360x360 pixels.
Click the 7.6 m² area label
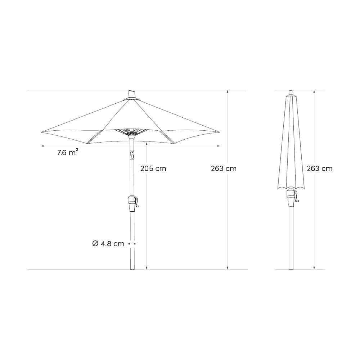[x=67, y=153]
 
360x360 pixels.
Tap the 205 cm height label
[x=153, y=168]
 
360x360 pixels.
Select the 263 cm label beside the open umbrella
[x=224, y=168]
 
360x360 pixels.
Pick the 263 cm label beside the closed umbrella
[x=320, y=168]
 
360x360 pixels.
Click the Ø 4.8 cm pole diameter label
[x=108, y=244]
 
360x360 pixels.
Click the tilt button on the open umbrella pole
[x=132, y=156]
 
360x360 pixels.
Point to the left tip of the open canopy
[x=41, y=132]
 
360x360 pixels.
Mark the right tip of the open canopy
[x=218, y=132]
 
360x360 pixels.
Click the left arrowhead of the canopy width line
[x=42, y=146]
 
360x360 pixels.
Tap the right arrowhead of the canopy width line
[x=219, y=146]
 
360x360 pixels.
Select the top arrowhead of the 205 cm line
[x=147, y=144]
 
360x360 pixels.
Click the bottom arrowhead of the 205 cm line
[x=147, y=267]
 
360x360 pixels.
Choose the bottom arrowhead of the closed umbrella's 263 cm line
[x=314, y=267]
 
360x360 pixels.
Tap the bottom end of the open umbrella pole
[x=132, y=268]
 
